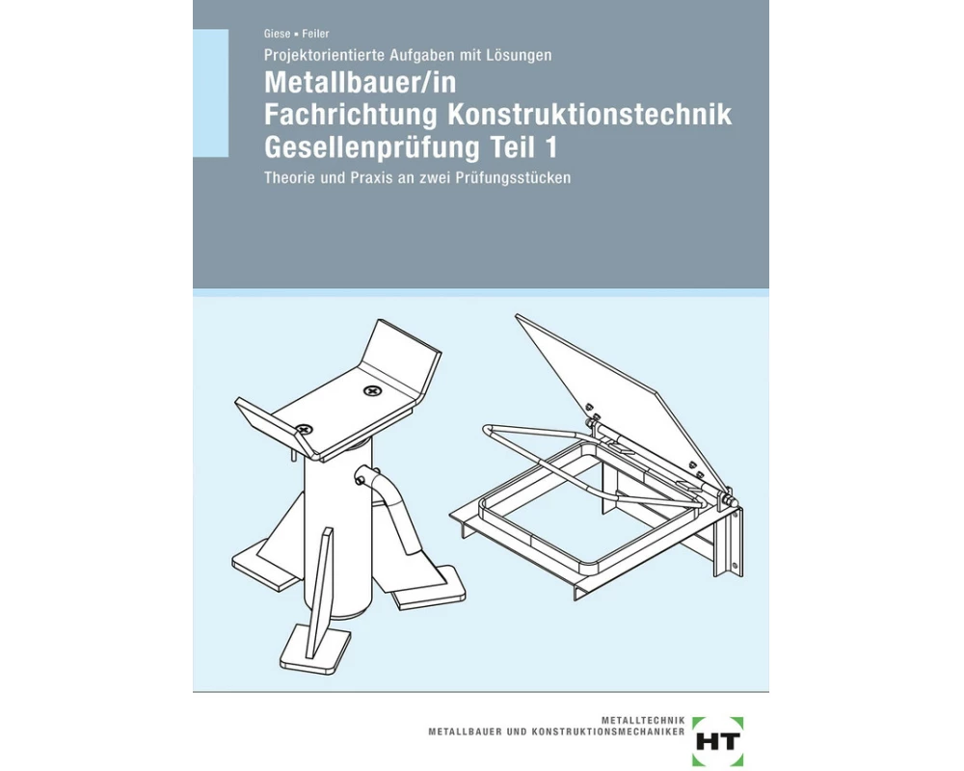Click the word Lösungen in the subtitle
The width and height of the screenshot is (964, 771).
(520, 56)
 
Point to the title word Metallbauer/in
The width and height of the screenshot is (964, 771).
(360, 84)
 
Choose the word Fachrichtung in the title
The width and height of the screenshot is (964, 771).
(351, 116)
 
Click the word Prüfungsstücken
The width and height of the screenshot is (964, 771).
(522, 178)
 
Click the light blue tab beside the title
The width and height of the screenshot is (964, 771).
(210, 93)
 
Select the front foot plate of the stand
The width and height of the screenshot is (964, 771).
(316, 655)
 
